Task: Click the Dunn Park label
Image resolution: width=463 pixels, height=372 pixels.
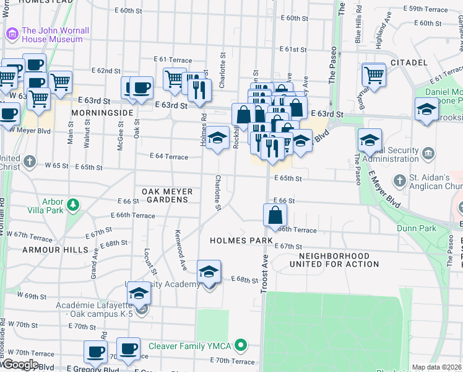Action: [416, 228]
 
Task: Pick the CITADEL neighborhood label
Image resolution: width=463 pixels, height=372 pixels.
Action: [409, 63]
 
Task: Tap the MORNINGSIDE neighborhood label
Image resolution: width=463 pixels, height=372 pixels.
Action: [102, 113]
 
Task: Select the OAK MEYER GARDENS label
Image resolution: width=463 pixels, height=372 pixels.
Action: [168, 196]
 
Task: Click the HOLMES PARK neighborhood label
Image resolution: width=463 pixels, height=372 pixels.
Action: [241, 241]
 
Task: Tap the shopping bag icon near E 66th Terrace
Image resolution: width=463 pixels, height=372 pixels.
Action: [275, 216]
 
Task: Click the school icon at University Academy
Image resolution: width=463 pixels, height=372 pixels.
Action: [209, 272]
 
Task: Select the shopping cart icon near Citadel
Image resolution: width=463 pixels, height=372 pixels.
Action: [374, 75]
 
